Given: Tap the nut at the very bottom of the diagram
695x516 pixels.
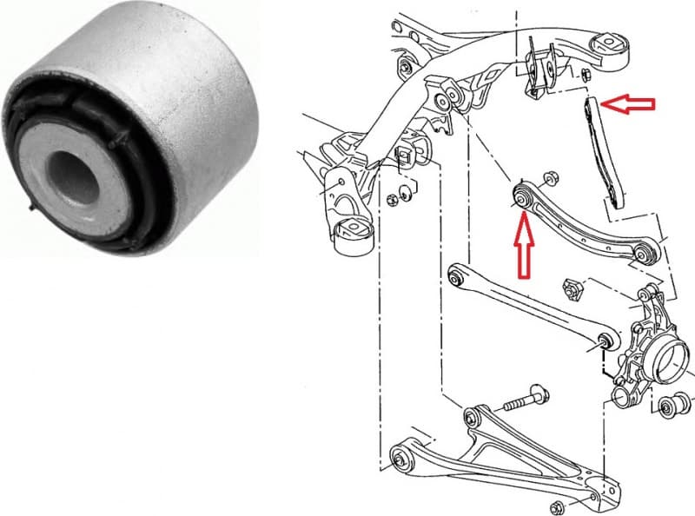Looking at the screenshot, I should tap(555, 506).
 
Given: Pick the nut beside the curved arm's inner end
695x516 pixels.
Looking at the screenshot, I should tap(549, 178).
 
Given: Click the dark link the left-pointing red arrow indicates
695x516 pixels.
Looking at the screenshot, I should tap(604, 152).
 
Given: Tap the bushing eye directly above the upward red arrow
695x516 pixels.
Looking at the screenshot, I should tap(521, 199).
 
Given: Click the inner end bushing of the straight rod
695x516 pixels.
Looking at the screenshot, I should tap(454, 278).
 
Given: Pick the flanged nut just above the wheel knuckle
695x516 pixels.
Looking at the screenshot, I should tap(573, 287).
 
